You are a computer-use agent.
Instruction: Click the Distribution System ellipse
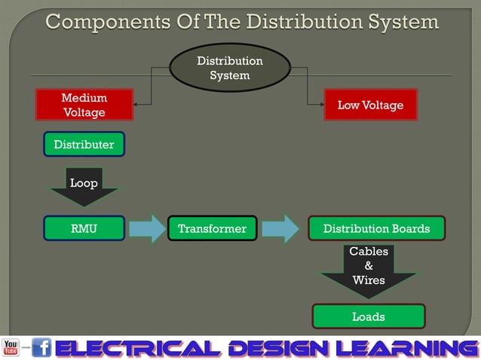pos(230,68)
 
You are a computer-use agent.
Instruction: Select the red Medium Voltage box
pos(84,105)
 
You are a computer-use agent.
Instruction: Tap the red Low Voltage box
pos(370,105)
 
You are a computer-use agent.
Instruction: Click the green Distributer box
pos(84,144)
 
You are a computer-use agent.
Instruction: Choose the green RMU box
pos(84,228)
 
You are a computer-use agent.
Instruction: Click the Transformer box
pos(212,228)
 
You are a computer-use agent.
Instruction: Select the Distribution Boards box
pos(376,228)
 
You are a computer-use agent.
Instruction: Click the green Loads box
pos(369,316)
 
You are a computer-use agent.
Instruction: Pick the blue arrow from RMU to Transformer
pos(146,228)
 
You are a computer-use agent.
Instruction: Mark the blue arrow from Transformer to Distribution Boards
pos(280,228)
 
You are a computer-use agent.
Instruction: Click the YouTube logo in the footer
pos(11,348)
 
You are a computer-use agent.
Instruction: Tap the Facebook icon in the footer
pos(41,348)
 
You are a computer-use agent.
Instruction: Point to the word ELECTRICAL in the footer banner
pos(137,348)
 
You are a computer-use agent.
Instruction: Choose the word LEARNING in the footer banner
pos(406,348)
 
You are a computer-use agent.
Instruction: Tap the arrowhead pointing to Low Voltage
pos(320,105)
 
